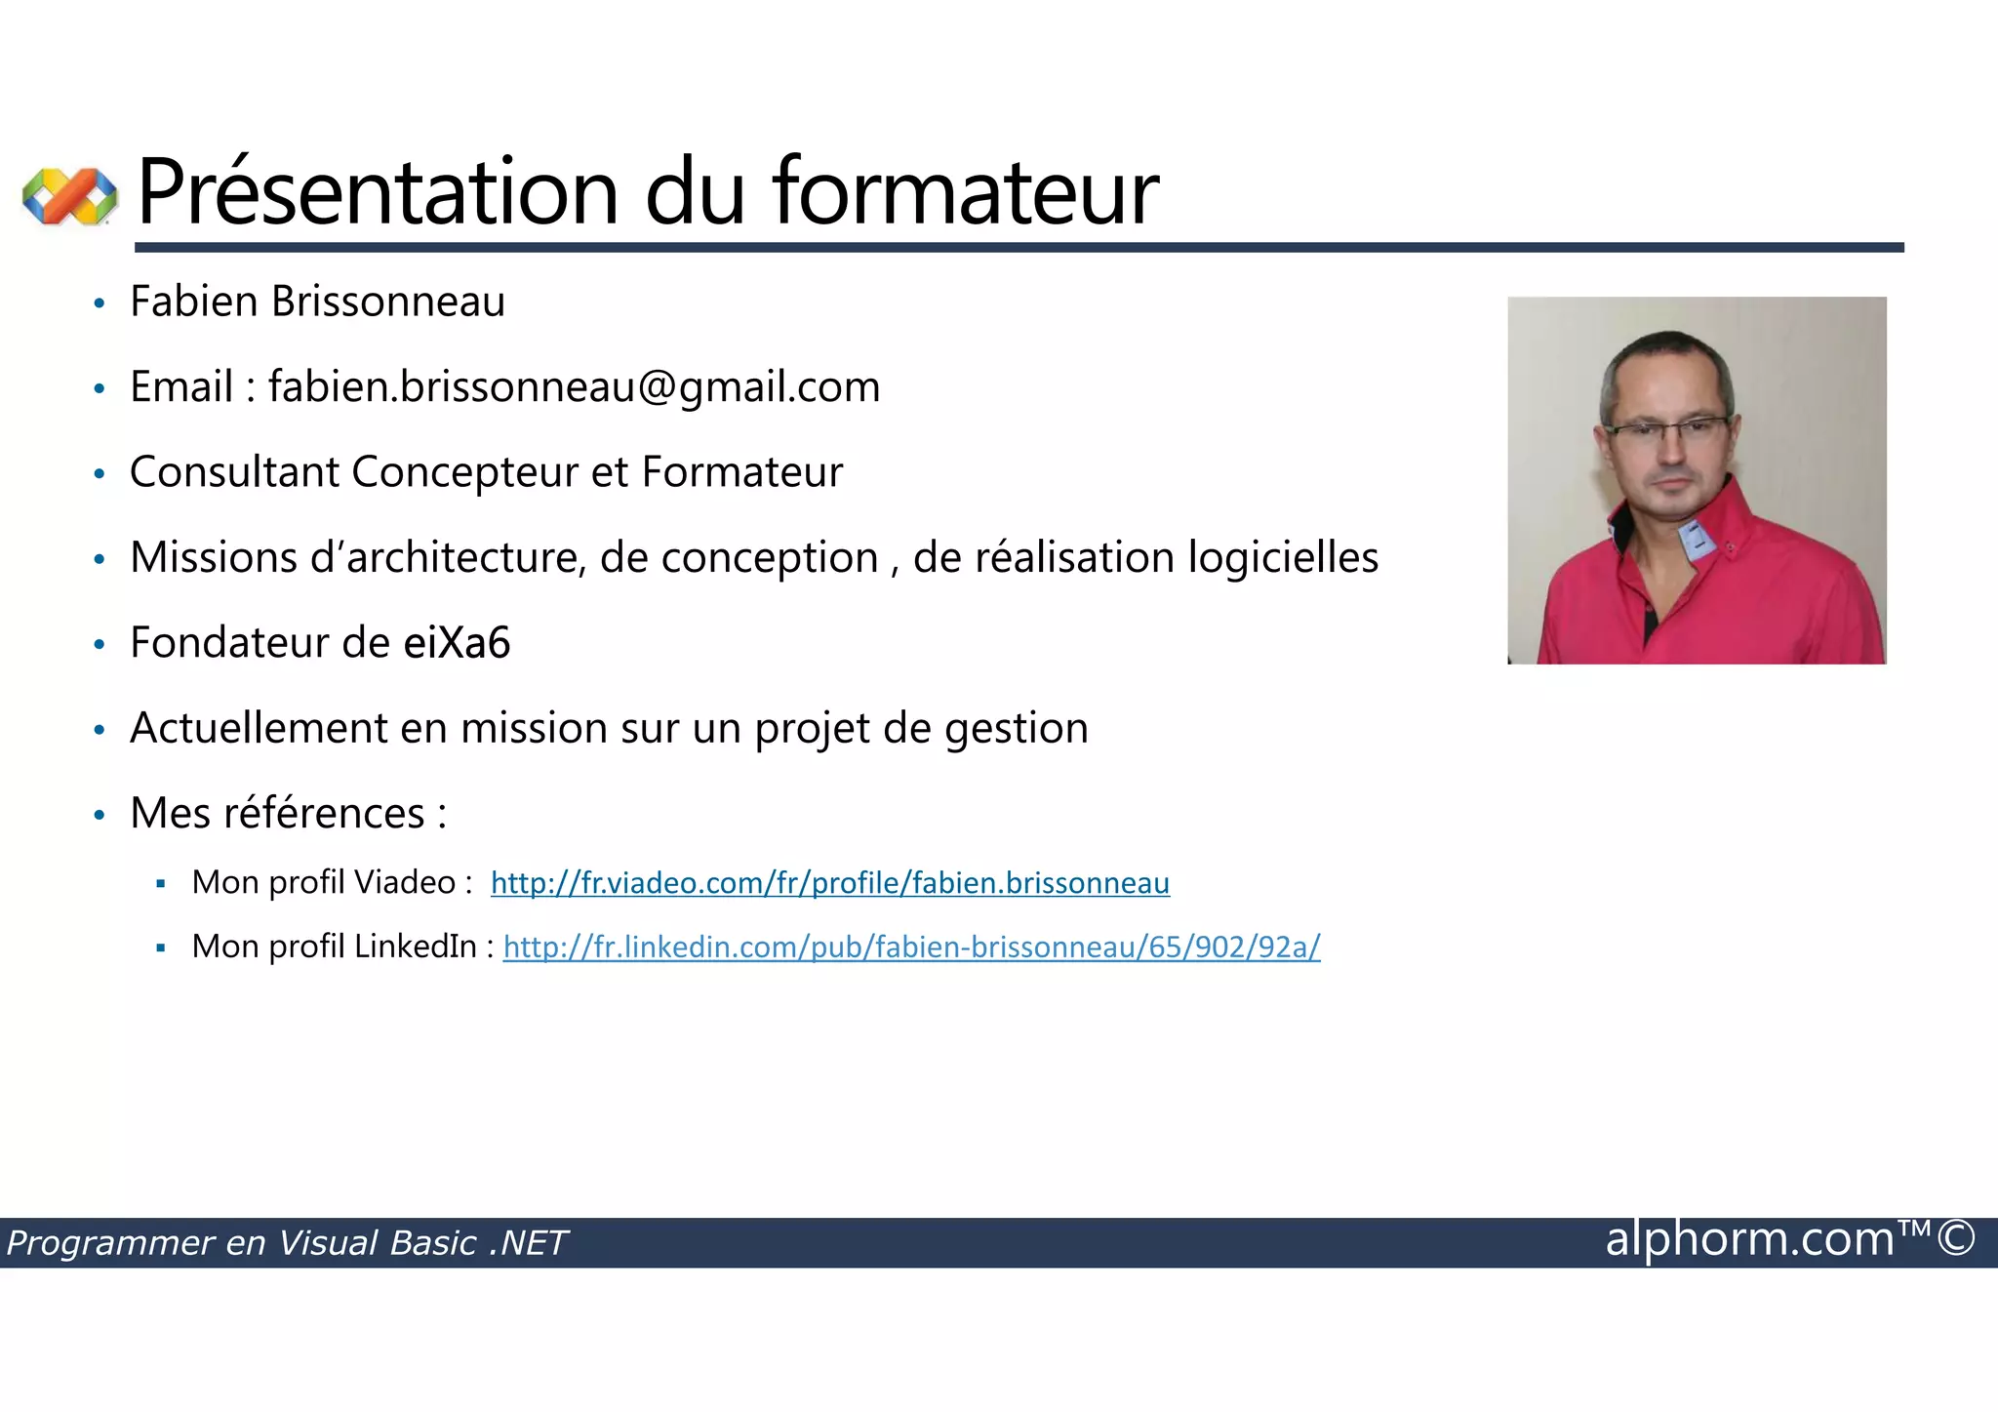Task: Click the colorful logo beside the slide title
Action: [x=69, y=196]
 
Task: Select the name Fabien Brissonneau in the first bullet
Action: [x=317, y=302]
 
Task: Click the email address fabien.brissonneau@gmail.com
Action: [x=574, y=387]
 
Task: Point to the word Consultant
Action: [x=233, y=472]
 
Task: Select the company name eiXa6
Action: [x=457, y=643]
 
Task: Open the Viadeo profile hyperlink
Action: [x=829, y=883]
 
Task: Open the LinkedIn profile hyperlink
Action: [x=911, y=947]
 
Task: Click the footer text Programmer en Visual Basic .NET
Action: [x=287, y=1243]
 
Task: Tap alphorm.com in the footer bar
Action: [x=1749, y=1239]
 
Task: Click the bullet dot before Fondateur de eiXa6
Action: [x=99, y=645]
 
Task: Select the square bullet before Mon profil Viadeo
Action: [x=161, y=884]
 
